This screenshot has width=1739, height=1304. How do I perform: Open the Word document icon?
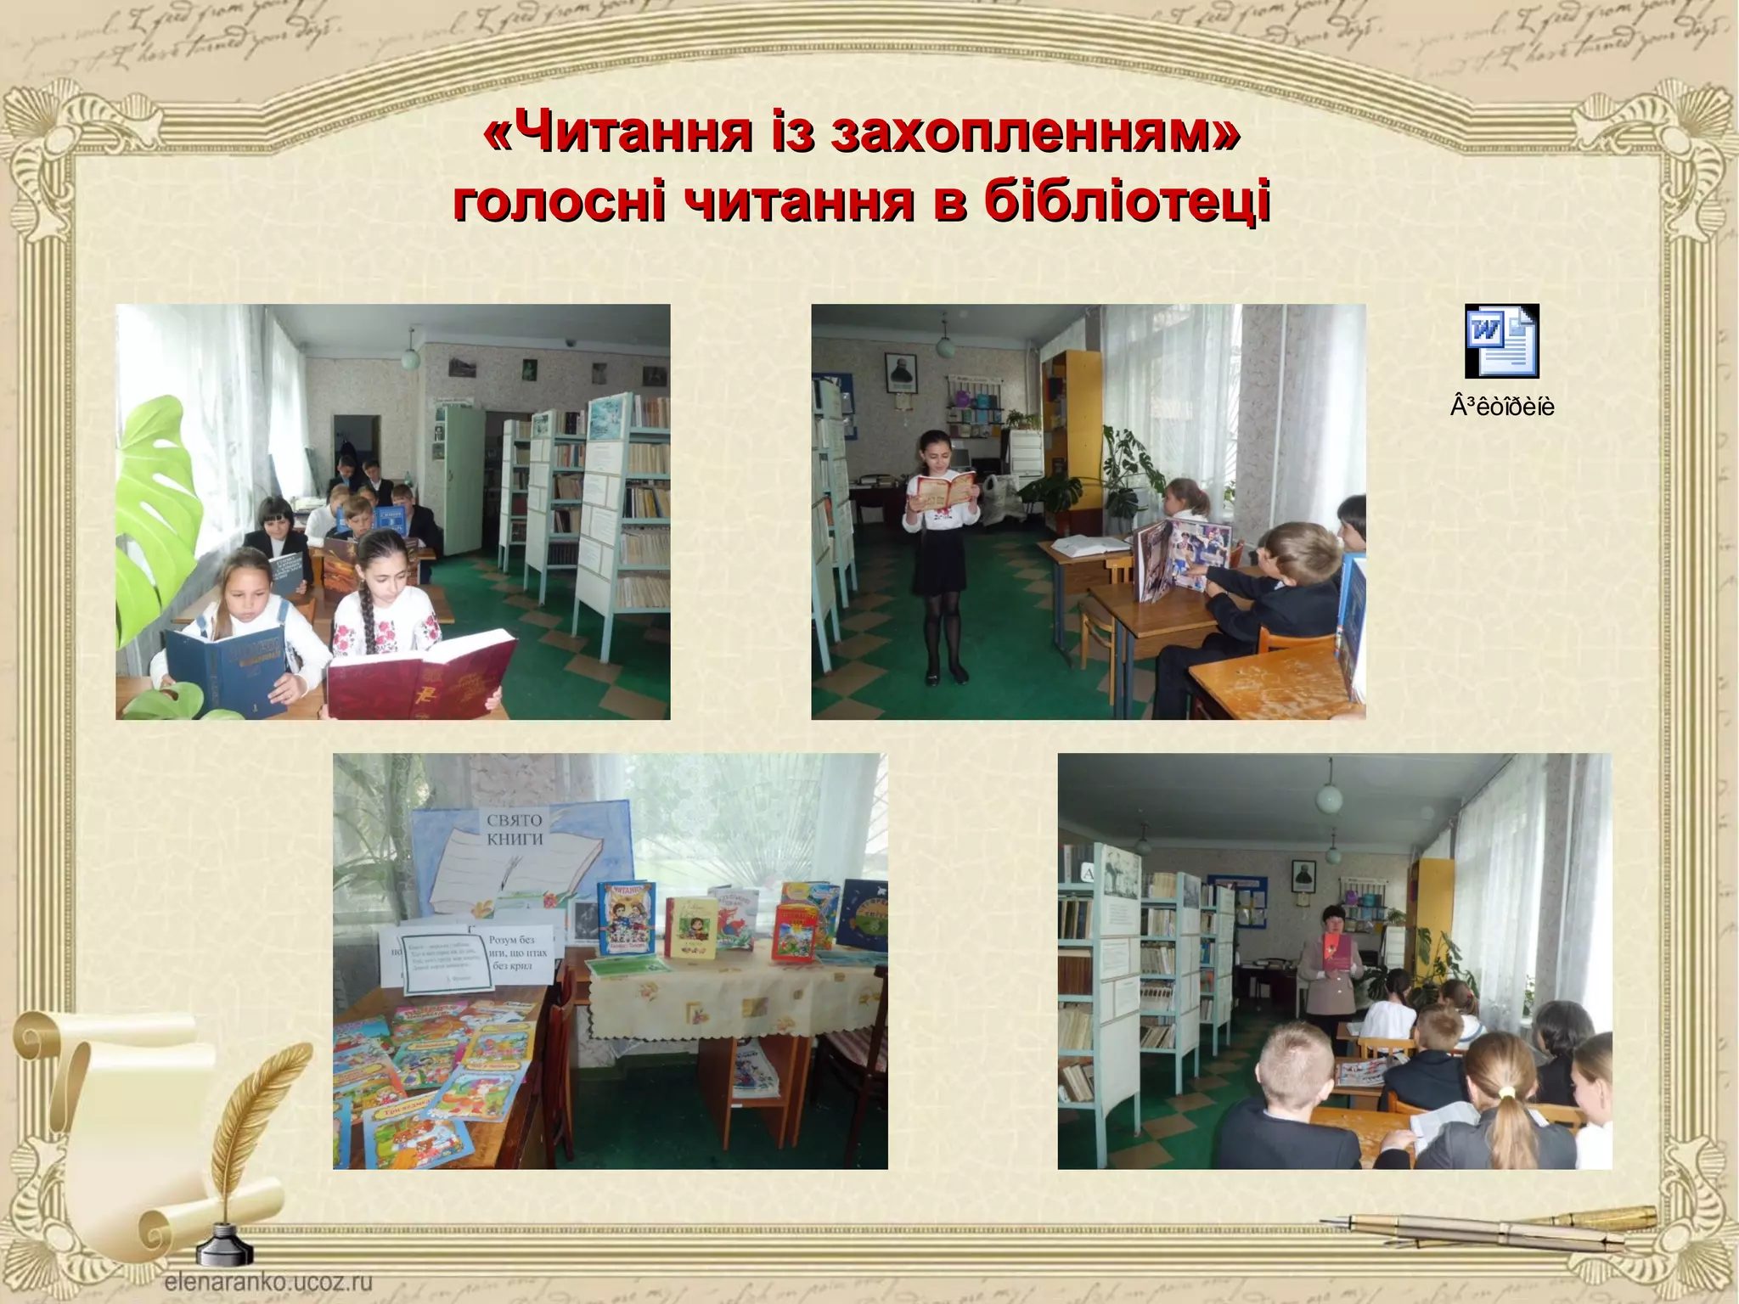pyautogui.click(x=1501, y=340)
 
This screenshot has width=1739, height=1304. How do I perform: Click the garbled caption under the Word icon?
pyautogui.click(x=1502, y=407)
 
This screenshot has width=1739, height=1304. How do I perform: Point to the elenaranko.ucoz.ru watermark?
pyautogui.click(x=268, y=1281)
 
